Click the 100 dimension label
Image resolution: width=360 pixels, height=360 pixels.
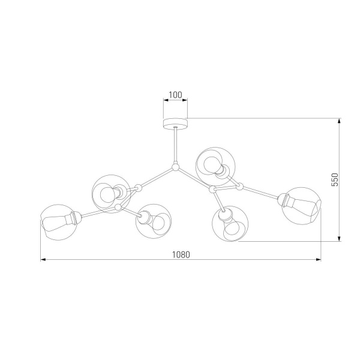[x=175, y=95]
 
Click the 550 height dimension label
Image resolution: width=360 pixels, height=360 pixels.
[x=335, y=179]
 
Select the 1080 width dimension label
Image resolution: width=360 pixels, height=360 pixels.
[x=179, y=254]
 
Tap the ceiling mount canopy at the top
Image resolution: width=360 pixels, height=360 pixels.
[x=175, y=122]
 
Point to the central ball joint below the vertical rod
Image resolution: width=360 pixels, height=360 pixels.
[x=175, y=167]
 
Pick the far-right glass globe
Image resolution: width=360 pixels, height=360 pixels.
[x=302, y=205]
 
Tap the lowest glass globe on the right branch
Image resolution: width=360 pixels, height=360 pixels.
[x=230, y=224]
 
